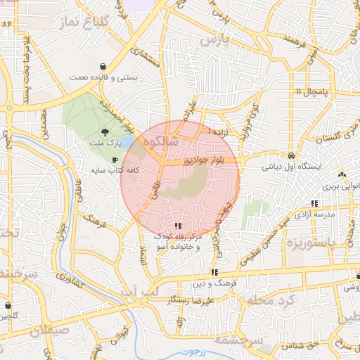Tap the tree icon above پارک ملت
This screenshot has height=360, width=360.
[x=105, y=132]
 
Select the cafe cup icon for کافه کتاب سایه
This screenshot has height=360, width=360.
[x=115, y=160]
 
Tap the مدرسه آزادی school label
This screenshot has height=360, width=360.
[x=314, y=213]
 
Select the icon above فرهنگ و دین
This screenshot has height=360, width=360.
[x=214, y=271]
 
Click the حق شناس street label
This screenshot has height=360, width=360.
[x=299, y=346]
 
